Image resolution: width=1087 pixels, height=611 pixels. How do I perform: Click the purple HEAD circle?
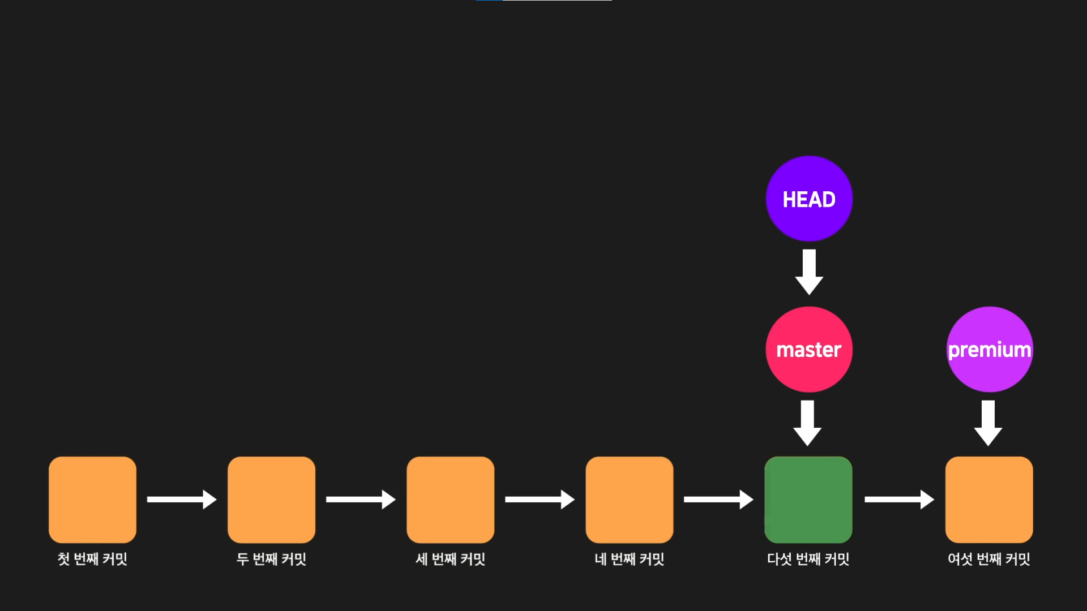(x=809, y=199)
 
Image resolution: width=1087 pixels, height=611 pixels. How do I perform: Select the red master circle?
(x=809, y=349)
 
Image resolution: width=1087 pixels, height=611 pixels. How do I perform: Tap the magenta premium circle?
(x=990, y=349)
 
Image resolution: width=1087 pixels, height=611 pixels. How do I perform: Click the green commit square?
(x=808, y=500)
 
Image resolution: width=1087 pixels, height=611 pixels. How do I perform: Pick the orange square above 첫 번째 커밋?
(x=92, y=500)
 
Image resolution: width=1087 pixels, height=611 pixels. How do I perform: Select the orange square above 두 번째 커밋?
(x=271, y=500)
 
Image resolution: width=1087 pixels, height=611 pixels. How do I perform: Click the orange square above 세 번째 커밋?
(x=450, y=500)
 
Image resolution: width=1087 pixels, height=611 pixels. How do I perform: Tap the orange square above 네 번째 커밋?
(x=630, y=500)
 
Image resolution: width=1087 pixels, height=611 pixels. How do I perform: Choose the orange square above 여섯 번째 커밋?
(x=989, y=500)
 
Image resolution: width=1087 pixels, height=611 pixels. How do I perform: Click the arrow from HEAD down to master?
(x=809, y=272)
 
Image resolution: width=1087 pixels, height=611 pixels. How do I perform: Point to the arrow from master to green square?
(x=807, y=423)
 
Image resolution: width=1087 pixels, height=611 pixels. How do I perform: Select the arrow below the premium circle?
(x=988, y=423)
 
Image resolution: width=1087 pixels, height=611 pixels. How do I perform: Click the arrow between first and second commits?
(x=182, y=499)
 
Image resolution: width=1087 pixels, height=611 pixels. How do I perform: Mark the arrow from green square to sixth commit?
(x=899, y=499)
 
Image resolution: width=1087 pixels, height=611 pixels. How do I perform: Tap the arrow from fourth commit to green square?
(x=718, y=499)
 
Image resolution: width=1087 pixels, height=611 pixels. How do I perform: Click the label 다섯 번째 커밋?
(x=808, y=559)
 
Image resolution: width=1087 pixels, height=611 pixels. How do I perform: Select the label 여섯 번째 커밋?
(x=989, y=559)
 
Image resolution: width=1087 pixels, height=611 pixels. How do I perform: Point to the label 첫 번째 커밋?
(x=92, y=559)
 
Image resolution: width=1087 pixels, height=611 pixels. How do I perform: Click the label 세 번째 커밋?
(x=450, y=559)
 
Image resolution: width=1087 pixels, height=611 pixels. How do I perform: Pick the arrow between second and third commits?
(x=361, y=499)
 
